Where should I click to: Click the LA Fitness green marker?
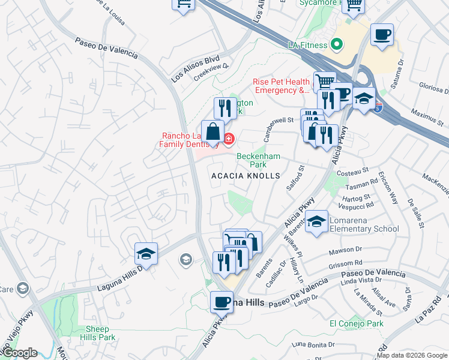pyautogui.click(x=337, y=44)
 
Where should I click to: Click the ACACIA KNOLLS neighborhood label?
pyautogui.click(x=246, y=176)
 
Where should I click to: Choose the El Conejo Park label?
pyautogui.click(x=356, y=323)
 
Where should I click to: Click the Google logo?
pyautogui.click(x=19, y=353)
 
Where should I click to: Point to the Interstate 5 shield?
pyautogui.click(x=377, y=109)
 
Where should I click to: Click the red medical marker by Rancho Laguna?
pyautogui.click(x=228, y=139)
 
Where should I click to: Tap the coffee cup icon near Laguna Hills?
pyautogui.click(x=221, y=301)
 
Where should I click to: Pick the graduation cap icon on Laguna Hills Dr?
pyautogui.click(x=146, y=254)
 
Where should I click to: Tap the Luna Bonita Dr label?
pyautogui.click(x=313, y=344)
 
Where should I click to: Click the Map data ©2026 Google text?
pyautogui.click(x=412, y=355)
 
